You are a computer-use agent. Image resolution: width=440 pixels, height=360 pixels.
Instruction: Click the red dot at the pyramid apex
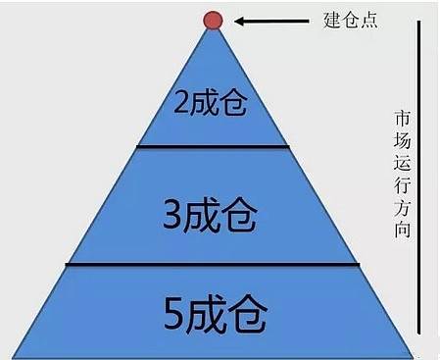click(x=214, y=20)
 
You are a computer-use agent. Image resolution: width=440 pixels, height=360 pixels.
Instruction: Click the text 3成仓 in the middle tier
click(x=214, y=213)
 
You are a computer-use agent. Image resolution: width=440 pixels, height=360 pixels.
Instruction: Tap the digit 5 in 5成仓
click(x=168, y=315)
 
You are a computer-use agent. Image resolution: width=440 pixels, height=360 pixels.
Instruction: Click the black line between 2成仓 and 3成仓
click(x=214, y=147)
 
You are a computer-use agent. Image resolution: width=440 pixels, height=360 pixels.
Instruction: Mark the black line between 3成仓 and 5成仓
click(x=214, y=264)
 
